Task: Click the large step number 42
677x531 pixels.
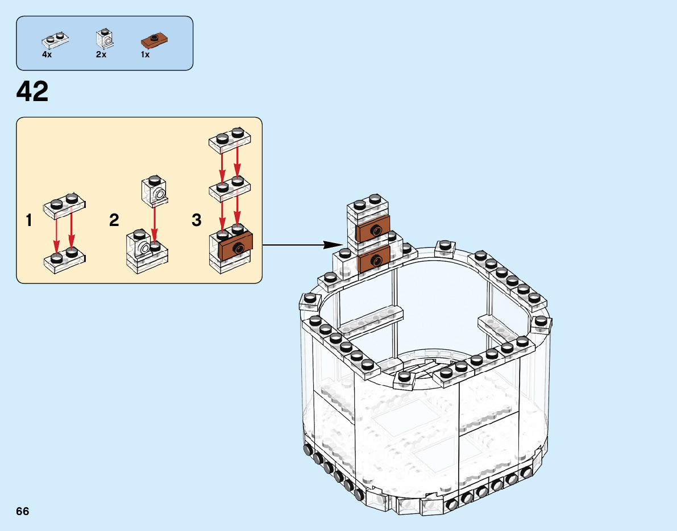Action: point(33,92)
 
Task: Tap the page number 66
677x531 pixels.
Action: point(23,511)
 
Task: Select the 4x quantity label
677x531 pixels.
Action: point(47,55)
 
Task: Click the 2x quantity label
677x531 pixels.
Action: point(101,55)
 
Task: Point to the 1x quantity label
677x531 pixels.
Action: point(146,55)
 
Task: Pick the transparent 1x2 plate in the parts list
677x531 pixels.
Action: point(55,40)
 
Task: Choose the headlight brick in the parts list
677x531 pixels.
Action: point(105,38)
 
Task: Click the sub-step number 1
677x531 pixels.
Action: point(28,220)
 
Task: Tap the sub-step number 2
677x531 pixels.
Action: point(114,220)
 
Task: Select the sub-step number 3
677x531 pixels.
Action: point(197,220)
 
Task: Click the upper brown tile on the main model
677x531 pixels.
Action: point(373,229)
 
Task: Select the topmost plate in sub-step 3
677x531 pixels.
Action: point(230,140)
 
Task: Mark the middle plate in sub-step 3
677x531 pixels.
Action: point(230,189)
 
